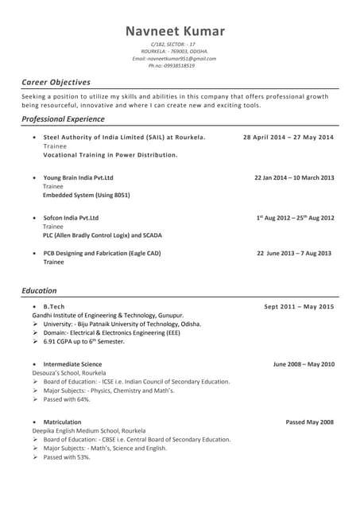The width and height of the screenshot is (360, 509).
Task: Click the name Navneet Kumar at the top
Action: [175, 31]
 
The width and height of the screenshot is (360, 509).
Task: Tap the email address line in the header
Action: [174, 58]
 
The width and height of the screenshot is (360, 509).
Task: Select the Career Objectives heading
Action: [56, 82]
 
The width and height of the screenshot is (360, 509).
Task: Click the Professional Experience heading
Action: [63, 119]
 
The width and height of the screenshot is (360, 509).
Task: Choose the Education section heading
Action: [39, 291]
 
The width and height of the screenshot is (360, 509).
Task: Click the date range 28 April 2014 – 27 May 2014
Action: [288, 138]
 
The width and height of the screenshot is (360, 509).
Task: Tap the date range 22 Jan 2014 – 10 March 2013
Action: [294, 177]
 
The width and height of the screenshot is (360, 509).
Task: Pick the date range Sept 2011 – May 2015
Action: [299, 306]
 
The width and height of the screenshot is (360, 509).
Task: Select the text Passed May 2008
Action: [310, 422]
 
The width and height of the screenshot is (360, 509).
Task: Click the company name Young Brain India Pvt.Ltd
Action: [78, 177]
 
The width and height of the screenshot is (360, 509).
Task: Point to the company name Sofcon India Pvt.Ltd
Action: [71, 217]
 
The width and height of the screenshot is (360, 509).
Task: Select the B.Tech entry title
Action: [54, 306]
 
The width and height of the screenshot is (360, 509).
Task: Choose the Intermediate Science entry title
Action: [72, 363]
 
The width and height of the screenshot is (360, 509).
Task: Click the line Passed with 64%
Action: [67, 399]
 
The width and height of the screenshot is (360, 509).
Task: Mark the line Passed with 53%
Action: [67, 457]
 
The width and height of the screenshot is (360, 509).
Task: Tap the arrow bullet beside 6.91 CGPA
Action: [36, 341]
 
